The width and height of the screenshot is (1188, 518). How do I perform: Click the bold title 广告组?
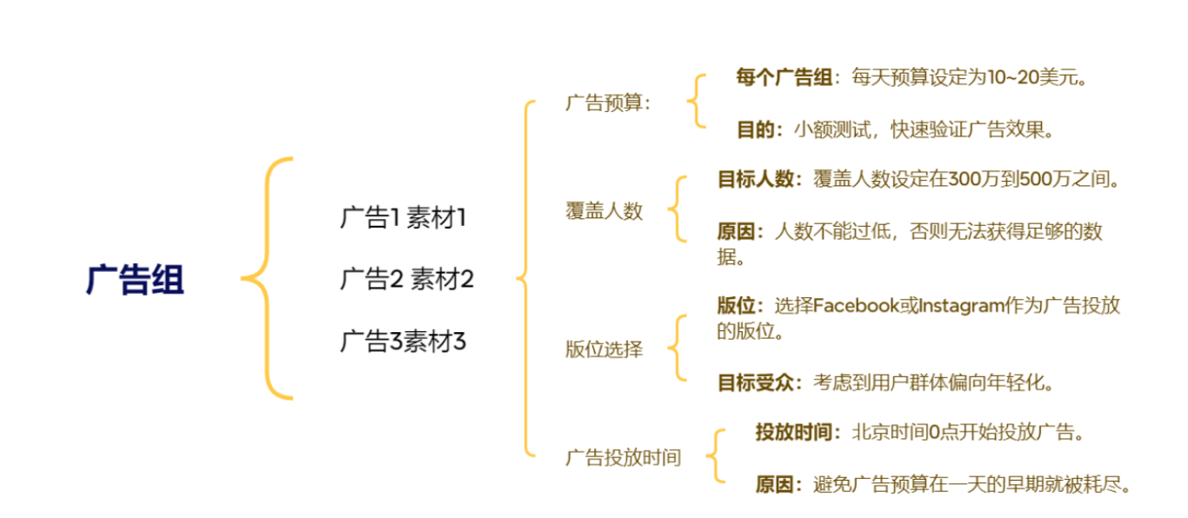pyautogui.click(x=135, y=281)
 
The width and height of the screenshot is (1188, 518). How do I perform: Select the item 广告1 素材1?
pyautogui.click(x=403, y=217)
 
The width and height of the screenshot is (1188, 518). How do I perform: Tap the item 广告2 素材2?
pyautogui.click(x=406, y=280)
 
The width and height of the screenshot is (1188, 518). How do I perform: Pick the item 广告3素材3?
pyautogui.click(x=403, y=342)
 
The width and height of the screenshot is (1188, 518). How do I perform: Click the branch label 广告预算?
pyautogui.click(x=607, y=103)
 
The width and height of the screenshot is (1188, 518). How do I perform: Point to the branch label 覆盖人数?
pyautogui.click(x=604, y=211)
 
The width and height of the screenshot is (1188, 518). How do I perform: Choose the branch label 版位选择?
pyautogui.click(x=604, y=350)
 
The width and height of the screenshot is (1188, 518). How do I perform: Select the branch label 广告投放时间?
pyautogui.click(x=623, y=458)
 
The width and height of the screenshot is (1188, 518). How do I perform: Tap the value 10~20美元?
pyautogui.click(x=1037, y=77)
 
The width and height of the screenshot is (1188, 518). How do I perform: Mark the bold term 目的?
pyautogui.click(x=755, y=130)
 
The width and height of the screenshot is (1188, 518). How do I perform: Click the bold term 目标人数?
pyautogui.click(x=755, y=180)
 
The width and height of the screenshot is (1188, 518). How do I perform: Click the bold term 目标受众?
pyautogui.click(x=755, y=382)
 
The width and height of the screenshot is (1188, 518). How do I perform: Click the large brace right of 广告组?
pyautogui.click(x=268, y=279)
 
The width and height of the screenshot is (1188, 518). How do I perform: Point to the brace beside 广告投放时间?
pyautogui.click(x=716, y=455)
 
